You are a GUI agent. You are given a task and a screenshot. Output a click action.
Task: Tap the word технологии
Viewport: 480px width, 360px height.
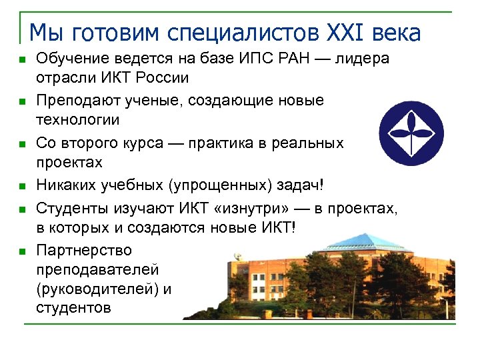tap(78, 120)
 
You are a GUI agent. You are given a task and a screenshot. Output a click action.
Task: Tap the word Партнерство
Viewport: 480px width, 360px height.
tap(84, 251)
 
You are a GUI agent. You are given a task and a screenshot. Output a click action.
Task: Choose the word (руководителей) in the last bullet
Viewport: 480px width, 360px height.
tap(97, 289)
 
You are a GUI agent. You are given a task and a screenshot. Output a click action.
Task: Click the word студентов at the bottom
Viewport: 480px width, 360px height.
tap(74, 309)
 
